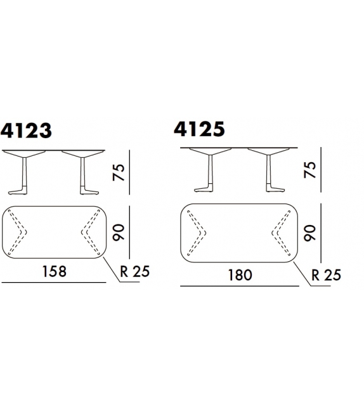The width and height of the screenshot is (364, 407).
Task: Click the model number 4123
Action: [x=26, y=131]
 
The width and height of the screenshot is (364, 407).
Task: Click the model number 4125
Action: [x=199, y=129]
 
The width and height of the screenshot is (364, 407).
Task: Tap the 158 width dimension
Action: [x=55, y=271]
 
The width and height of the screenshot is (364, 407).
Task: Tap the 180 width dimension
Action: [x=240, y=275]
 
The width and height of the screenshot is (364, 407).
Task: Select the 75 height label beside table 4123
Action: [x=119, y=172]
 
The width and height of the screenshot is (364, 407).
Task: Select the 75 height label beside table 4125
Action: [x=309, y=170]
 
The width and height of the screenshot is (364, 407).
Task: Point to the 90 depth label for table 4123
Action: [x=119, y=232]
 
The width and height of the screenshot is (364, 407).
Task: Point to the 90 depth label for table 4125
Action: [x=309, y=233]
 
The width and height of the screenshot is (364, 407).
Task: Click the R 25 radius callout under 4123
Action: [x=135, y=271]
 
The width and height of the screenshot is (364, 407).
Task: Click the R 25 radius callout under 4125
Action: [x=326, y=275]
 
